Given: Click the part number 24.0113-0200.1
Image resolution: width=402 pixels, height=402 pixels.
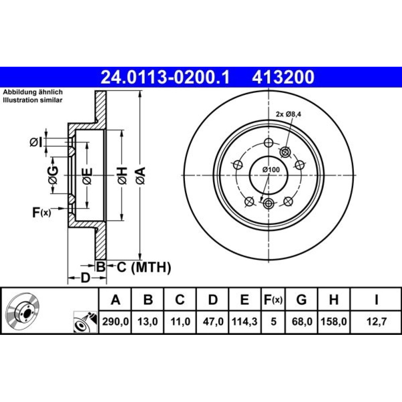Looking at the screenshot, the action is [165, 77].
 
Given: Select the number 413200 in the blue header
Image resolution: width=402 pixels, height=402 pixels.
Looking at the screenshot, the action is [283, 77].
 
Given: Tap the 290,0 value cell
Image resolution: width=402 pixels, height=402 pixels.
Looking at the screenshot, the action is [115, 322].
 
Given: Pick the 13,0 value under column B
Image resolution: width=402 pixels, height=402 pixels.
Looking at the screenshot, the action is [148, 322].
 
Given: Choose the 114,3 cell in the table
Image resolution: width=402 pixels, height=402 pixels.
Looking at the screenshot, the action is [244, 322].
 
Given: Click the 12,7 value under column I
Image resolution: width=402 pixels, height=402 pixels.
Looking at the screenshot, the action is [376, 322].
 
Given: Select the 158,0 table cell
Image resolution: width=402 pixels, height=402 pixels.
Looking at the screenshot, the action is [334, 322].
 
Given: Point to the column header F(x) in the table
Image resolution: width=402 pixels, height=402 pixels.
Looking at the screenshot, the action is [273, 299].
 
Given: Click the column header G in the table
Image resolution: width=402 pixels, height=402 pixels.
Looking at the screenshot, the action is [301, 299].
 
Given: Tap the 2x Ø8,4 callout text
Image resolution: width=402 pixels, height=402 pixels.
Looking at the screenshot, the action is [288, 114].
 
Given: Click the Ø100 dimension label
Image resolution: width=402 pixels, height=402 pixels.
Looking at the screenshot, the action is [271, 170].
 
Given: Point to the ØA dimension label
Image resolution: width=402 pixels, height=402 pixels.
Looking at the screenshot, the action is [141, 176].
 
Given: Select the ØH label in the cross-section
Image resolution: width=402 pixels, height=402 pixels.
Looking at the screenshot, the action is [122, 176].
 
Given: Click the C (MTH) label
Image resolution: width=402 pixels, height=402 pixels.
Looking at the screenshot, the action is [144, 267].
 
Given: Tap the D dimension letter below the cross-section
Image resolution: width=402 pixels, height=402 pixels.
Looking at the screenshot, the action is [86, 278].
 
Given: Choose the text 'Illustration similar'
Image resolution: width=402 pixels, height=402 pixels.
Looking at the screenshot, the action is [33, 100].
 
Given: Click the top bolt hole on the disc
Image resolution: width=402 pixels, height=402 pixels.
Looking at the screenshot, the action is [269, 143].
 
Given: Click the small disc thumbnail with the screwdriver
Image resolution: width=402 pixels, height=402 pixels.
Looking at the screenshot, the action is [85, 322].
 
